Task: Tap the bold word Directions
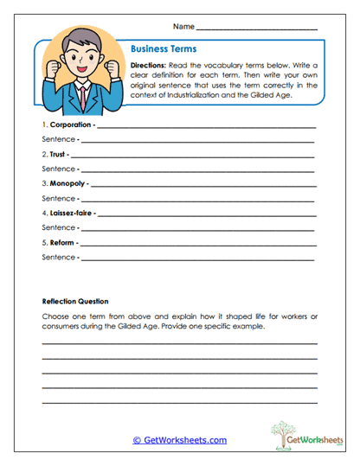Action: [x=148, y=66]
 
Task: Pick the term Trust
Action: [x=58, y=154]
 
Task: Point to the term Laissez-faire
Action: [x=72, y=212]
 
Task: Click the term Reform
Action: [x=61, y=241]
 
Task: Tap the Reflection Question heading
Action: [x=75, y=302]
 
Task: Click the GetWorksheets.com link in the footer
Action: [x=179, y=440]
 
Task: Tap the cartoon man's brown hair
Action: [x=82, y=40]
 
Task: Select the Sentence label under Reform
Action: [x=57, y=257]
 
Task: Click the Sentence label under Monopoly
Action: [x=57, y=198]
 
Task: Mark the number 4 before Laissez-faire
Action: [x=43, y=212]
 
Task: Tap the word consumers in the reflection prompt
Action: [x=61, y=329]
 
